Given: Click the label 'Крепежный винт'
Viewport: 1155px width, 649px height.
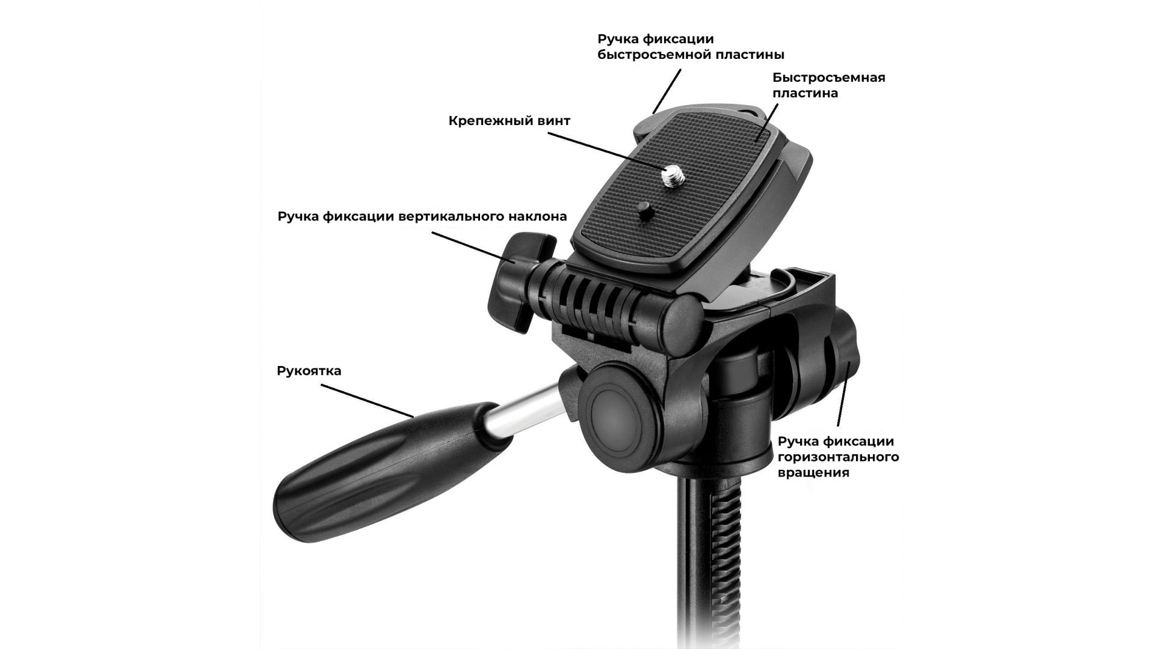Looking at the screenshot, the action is click(509, 121).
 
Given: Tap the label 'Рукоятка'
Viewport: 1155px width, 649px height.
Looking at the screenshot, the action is click(309, 370).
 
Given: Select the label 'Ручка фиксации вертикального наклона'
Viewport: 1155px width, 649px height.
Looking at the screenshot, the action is click(422, 216).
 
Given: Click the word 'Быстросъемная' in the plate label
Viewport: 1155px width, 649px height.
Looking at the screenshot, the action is click(829, 78).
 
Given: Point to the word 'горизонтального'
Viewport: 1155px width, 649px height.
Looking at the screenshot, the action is click(839, 457).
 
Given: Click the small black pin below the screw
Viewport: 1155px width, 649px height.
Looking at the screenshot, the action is click(643, 210).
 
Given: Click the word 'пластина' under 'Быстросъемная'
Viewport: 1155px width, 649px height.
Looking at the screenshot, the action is click(805, 94).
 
